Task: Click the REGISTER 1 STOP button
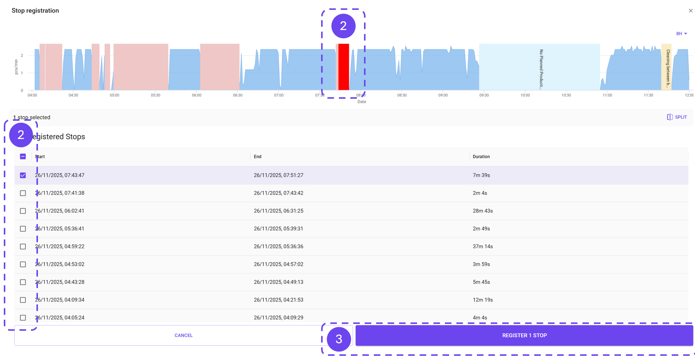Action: click(524, 335)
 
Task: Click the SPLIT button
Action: click(677, 117)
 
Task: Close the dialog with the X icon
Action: click(690, 11)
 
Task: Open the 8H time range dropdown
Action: click(681, 34)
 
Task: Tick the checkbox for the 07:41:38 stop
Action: click(23, 193)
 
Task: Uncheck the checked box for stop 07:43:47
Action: click(23, 175)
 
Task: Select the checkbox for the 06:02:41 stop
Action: click(23, 211)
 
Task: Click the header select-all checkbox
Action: click(23, 156)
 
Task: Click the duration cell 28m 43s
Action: click(482, 211)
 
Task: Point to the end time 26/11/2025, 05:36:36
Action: click(278, 246)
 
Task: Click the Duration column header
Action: click(481, 156)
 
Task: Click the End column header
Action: click(257, 156)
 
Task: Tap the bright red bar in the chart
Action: click(344, 67)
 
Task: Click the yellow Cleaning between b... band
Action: click(666, 67)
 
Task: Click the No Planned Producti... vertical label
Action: click(541, 69)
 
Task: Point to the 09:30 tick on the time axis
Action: click(484, 95)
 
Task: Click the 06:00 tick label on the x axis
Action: click(197, 95)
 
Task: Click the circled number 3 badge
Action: click(339, 339)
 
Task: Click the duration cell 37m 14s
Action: click(482, 246)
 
